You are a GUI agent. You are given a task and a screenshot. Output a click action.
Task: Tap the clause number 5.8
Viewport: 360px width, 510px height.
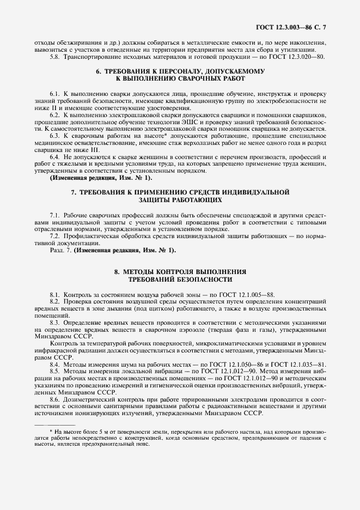pyautogui.click(x=56, y=56)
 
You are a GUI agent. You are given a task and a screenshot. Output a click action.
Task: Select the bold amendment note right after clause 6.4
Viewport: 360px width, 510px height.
pyautogui.click(x=101, y=178)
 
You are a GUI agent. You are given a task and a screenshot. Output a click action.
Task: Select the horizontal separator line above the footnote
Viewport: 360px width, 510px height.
pyautogui.click(x=54, y=424)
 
